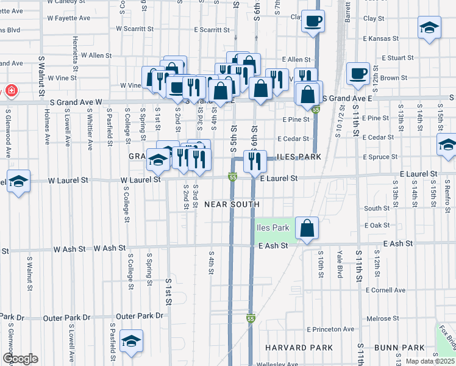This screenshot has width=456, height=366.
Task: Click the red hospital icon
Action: [x=11, y=91]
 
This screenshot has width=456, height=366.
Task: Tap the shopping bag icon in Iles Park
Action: [x=307, y=229]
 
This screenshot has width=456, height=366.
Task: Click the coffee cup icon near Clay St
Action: [x=313, y=21]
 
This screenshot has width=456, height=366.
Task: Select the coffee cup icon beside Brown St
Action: [x=358, y=74]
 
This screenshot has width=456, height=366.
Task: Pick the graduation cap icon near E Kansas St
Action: [x=429, y=27]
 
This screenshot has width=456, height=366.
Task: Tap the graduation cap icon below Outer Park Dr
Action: [x=130, y=342]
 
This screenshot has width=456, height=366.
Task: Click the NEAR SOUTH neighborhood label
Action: [x=232, y=204]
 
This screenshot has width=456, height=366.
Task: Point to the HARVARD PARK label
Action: [x=290, y=347]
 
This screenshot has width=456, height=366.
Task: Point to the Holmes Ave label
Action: [x=47, y=126]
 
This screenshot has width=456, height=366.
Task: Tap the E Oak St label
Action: [x=377, y=225]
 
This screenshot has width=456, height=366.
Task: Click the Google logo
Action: [x=20, y=359]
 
